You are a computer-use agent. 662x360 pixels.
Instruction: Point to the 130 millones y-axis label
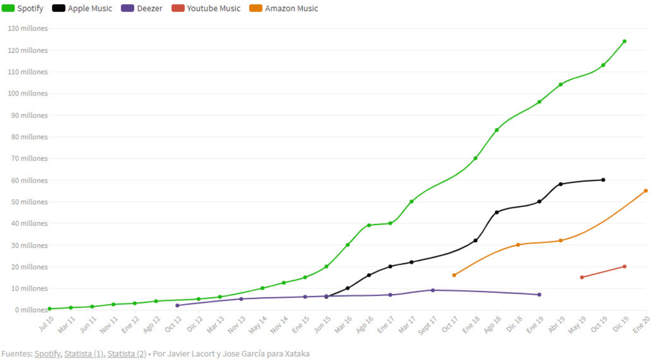pyautogui.click(x=28, y=29)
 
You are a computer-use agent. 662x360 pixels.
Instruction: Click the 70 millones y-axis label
pyautogui.click(x=29, y=159)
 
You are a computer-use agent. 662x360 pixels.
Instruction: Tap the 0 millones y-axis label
pyautogui.click(x=31, y=310)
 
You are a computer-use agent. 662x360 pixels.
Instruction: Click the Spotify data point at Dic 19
pyautogui.click(x=624, y=41)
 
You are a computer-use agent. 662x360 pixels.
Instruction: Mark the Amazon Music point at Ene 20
pyautogui.click(x=645, y=191)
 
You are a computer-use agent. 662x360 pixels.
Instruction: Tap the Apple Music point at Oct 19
pyautogui.click(x=603, y=180)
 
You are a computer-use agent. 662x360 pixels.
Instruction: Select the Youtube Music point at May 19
pyautogui.click(x=582, y=277)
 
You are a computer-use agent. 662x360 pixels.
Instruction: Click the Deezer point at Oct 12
pyautogui.click(x=177, y=305)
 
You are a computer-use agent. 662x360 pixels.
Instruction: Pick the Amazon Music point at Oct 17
pyautogui.click(x=454, y=275)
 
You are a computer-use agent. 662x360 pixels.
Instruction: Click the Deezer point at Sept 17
pyautogui.click(x=433, y=290)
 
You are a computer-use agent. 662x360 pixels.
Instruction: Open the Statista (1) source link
pyautogui.click(x=84, y=354)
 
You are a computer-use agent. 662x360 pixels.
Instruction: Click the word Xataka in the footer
pyautogui.click(x=297, y=354)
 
